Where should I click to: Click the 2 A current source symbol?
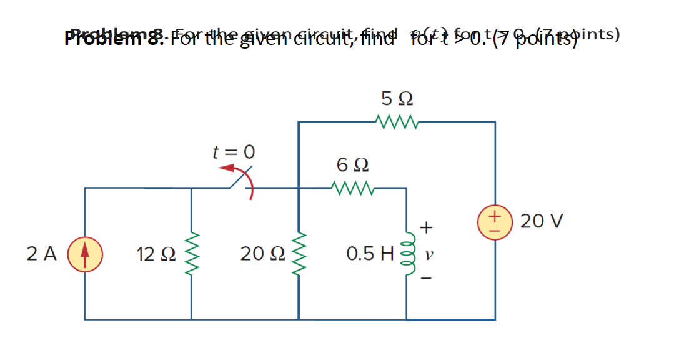(85, 254)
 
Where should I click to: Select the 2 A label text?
(42, 254)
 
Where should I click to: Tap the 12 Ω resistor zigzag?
(191, 254)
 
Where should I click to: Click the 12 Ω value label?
(153, 254)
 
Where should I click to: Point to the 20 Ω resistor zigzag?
(299, 254)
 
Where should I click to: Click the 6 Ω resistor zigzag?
(353, 187)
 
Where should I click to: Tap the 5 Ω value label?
(397, 99)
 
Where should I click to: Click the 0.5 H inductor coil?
(408, 254)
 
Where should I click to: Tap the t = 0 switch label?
(234, 152)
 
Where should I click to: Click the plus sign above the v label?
(428, 227)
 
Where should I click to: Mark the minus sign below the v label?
(428, 279)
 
